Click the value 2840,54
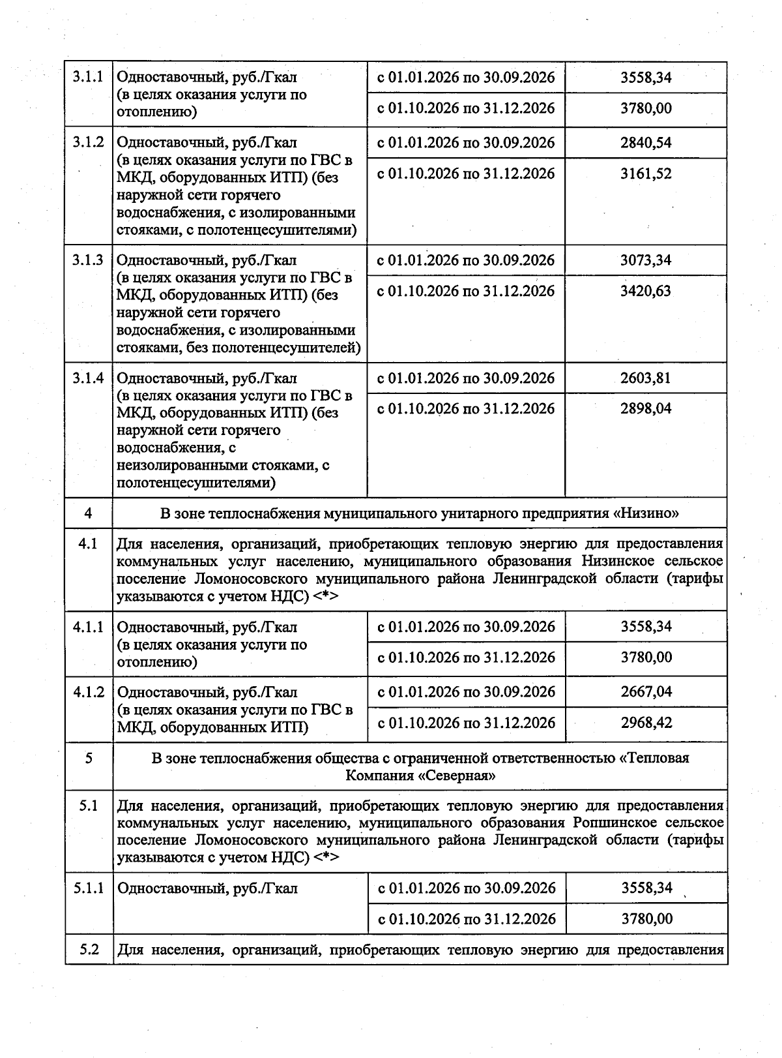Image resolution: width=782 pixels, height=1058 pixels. tap(646, 142)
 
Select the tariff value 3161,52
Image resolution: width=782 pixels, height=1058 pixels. tap(646, 174)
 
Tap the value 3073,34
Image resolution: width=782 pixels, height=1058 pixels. tap(646, 260)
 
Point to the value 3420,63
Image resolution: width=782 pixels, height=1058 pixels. tap(646, 291)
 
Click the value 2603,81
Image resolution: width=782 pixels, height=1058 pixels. tap(646, 378)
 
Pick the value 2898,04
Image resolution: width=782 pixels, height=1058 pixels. tap(646, 409)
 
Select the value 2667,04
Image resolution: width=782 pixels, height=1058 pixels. tap(646, 691)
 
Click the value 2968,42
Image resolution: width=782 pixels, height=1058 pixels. tap(646, 723)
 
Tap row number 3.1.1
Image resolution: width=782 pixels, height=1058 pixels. tap(88, 77)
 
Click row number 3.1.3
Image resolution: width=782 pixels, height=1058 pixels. tap(88, 260)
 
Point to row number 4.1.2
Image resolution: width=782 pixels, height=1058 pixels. tap(88, 692)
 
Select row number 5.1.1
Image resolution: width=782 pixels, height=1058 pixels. tap(88, 888)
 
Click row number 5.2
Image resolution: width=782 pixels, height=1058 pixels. tap(88, 950)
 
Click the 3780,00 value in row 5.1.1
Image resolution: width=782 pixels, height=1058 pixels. tap(646, 918)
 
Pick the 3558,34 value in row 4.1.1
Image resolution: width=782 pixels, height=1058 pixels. tap(646, 627)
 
